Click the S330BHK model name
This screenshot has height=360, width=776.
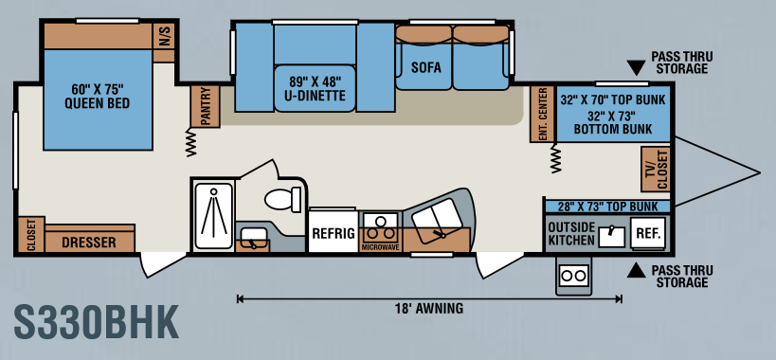(x=96, y=322)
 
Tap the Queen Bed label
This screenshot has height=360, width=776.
(x=97, y=97)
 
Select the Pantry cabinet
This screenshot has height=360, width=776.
(x=206, y=106)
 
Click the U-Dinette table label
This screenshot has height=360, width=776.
(x=315, y=88)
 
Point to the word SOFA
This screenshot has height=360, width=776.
(x=425, y=67)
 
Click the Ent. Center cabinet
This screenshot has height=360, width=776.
(x=542, y=114)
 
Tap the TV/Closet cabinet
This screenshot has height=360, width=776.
(x=656, y=170)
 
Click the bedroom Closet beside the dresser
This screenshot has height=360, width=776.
(x=30, y=234)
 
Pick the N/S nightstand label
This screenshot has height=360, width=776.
(x=164, y=36)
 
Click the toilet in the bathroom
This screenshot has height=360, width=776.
(x=283, y=199)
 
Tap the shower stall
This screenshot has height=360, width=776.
(x=213, y=215)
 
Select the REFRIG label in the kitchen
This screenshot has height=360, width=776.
(x=334, y=233)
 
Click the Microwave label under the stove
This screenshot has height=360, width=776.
(x=381, y=247)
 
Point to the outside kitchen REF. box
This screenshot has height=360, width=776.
(x=648, y=233)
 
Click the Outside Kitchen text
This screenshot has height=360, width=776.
(x=571, y=233)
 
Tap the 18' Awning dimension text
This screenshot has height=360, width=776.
(x=429, y=308)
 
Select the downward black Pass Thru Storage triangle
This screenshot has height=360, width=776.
(x=636, y=66)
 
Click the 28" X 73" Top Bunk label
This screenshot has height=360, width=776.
(x=608, y=207)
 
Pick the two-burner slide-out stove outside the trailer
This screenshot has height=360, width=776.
(x=573, y=275)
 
